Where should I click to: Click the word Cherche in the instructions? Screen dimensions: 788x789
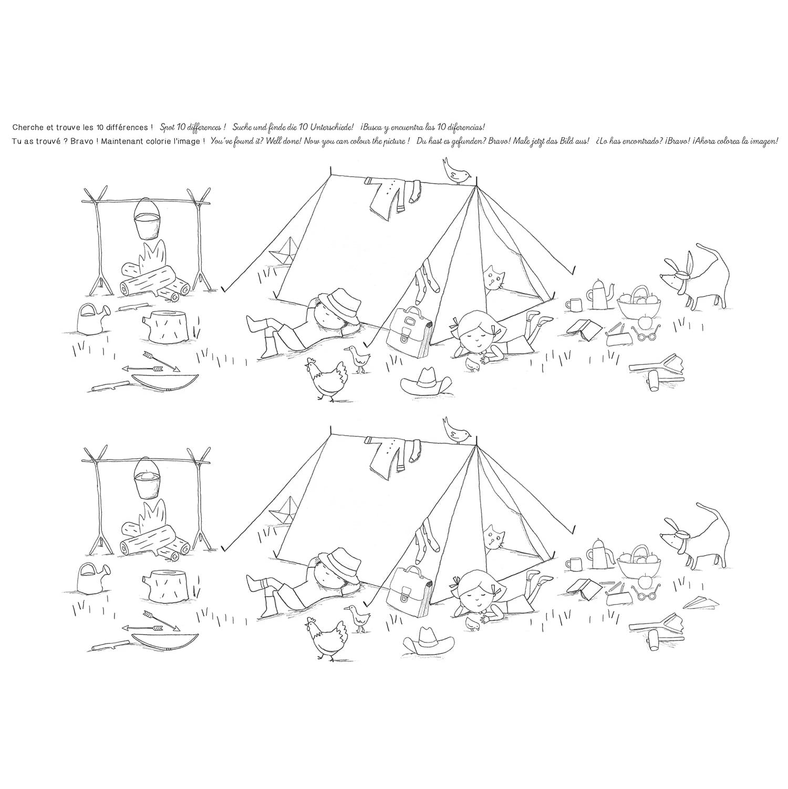(x=26, y=128)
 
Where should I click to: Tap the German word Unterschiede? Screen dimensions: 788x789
(x=332, y=128)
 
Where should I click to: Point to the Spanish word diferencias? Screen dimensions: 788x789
(x=462, y=128)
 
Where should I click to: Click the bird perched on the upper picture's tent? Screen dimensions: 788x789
(x=457, y=169)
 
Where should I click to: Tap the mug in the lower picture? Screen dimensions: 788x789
(x=573, y=565)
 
